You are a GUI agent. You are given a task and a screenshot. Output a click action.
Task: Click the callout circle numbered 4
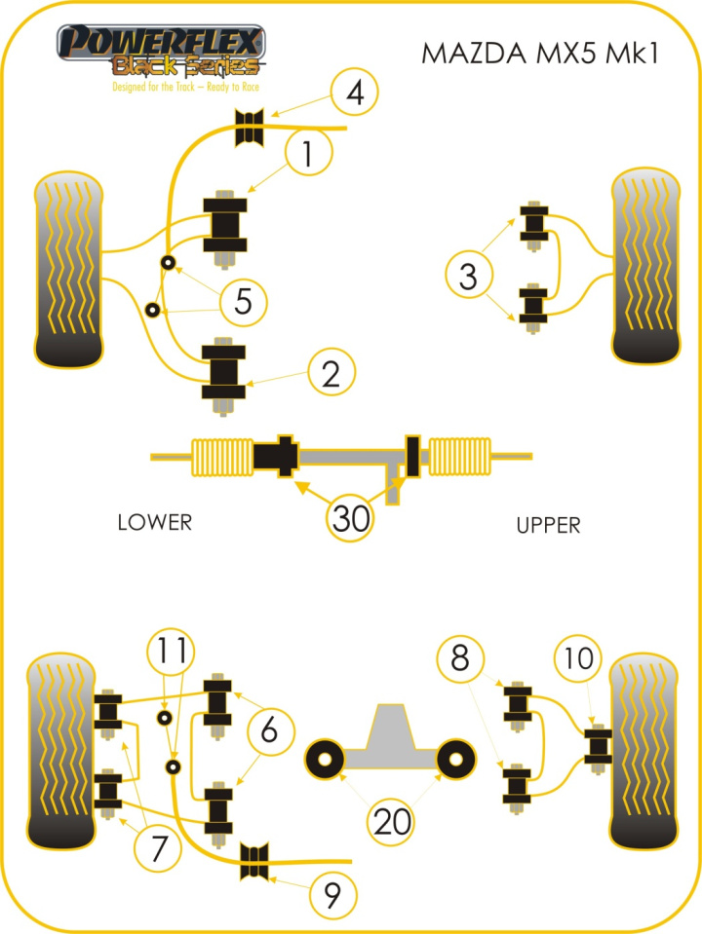pos(354,95)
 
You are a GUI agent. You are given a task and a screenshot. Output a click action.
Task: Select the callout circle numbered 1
pos(308,155)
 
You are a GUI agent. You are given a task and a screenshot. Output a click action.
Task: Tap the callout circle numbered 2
pos(331,373)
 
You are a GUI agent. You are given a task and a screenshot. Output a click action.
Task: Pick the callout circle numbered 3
pos(470,277)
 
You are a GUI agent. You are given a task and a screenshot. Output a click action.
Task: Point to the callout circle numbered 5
pos(244,302)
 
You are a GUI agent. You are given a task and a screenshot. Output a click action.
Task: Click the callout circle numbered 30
pos(350,517)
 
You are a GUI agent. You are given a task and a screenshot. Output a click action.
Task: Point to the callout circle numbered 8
pos(460,659)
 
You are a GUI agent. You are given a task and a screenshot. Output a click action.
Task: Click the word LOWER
pos(154,522)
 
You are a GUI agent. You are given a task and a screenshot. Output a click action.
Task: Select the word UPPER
pos(548,526)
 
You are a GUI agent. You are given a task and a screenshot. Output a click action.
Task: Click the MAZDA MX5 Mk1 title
pos(539,53)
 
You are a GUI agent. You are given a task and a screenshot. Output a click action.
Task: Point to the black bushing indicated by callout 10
pos(597,745)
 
